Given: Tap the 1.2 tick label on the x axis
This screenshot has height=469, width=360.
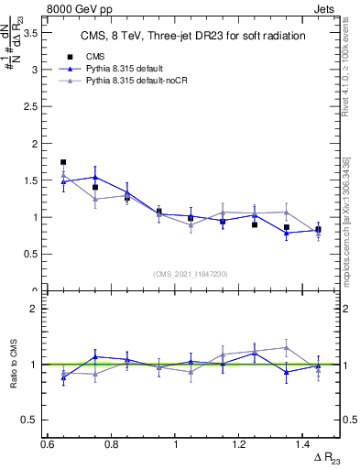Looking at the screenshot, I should coord(239,443).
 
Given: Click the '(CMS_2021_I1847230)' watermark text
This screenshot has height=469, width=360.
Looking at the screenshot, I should coord(191,274).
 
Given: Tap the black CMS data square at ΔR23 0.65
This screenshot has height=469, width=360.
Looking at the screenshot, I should coord(63,162).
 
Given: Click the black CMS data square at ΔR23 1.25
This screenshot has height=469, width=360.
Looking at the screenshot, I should coord(255,224).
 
